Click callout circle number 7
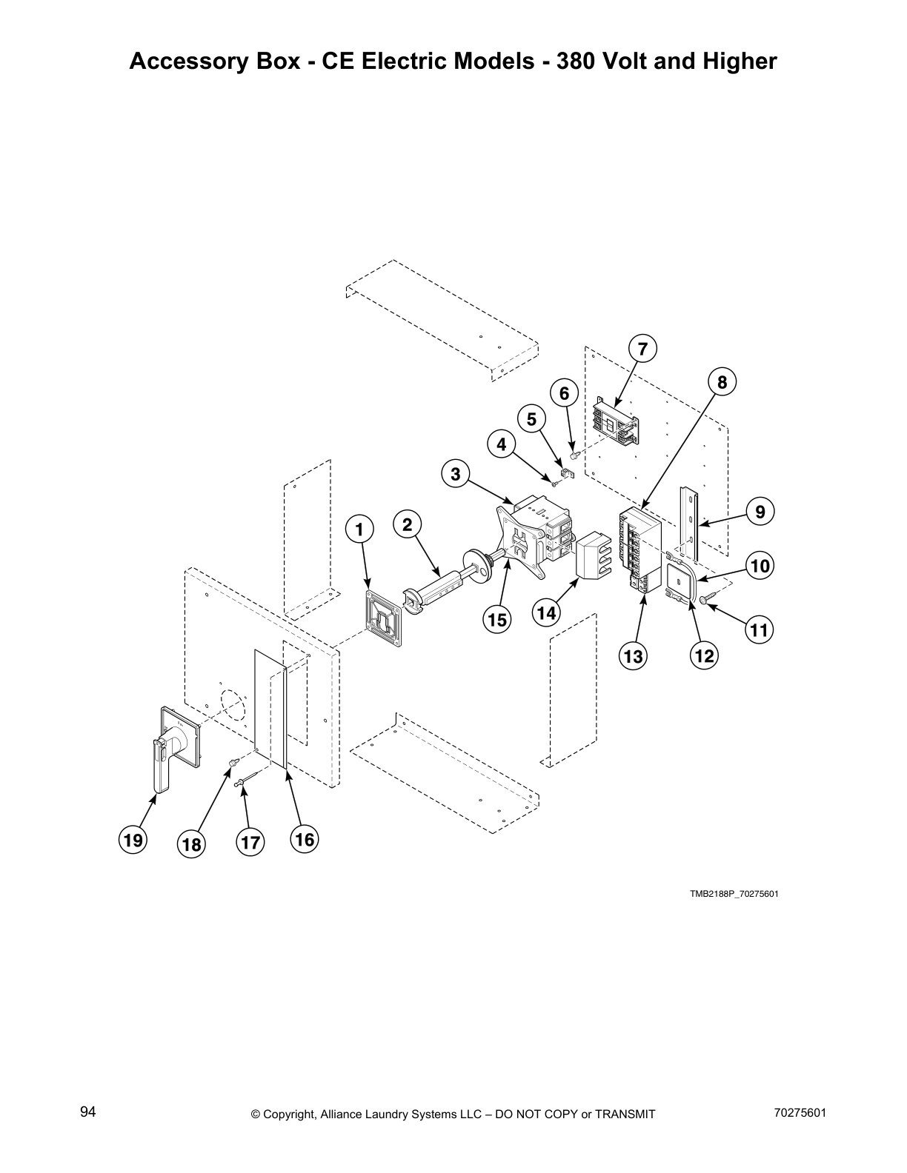coord(642,348)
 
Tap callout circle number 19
coord(133,840)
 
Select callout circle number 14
coord(546,612)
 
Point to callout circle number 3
coord(455,474)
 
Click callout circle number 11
coord(759,630)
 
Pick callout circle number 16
coord(305,839)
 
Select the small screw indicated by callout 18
coord(233,762)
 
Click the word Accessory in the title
coord(182,61)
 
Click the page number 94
coord(88,1112)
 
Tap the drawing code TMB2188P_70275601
coord(734,893)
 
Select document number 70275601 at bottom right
coord(800,1112)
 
